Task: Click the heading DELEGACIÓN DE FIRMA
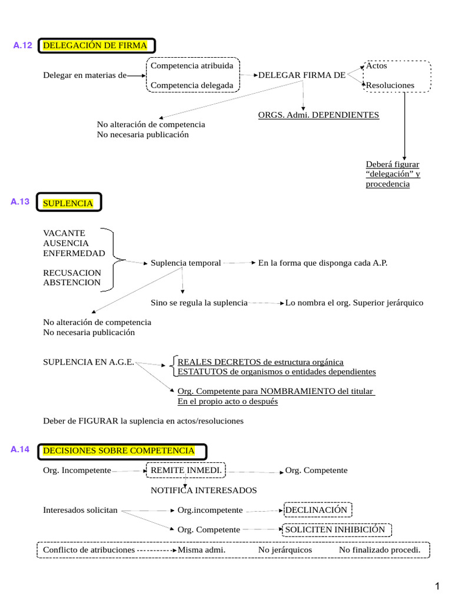pos(96,46)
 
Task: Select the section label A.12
pos(22,46)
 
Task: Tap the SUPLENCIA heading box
pos(68,203)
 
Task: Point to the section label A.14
pos(20,450)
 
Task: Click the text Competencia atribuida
pos(192,65)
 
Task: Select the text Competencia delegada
pos(192,85)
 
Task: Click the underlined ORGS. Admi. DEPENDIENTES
pos(318,115)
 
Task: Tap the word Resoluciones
pos(390,85)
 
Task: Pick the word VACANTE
pos(64,233)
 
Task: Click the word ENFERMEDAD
pos(74,253)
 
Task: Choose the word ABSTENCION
pos(72,283)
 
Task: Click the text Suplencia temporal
pos(186,263)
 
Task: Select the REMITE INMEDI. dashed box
pos(186,471)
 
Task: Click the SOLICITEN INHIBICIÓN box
pos(335,529)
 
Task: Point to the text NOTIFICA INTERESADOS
pos(204,490)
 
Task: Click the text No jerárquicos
pos(285,549)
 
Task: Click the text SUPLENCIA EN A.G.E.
pos(89,362)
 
